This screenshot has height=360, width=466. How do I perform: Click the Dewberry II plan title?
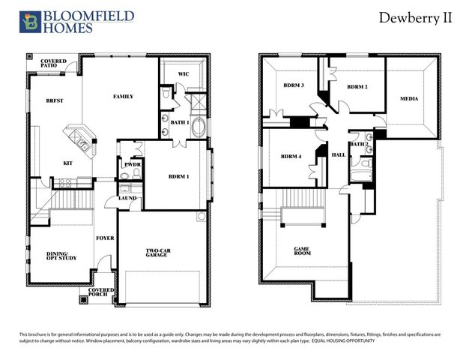[x=414, y=18]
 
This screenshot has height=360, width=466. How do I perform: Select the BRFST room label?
[x=54, y=100]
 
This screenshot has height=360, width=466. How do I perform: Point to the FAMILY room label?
[x=123, y=97]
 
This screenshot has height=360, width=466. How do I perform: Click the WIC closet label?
[x=183, y=74]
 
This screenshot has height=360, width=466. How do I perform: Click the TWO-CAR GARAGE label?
[x=161, y=253]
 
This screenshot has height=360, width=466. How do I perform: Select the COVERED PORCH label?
[x=101, y=292]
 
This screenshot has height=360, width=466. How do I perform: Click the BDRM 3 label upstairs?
[x=293, y=85]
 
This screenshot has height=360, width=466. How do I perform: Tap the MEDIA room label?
[x=408, y=99]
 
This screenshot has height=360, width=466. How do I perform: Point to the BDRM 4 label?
[x=291, y=157]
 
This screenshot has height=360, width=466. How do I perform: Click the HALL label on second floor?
[x=339, y=154]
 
